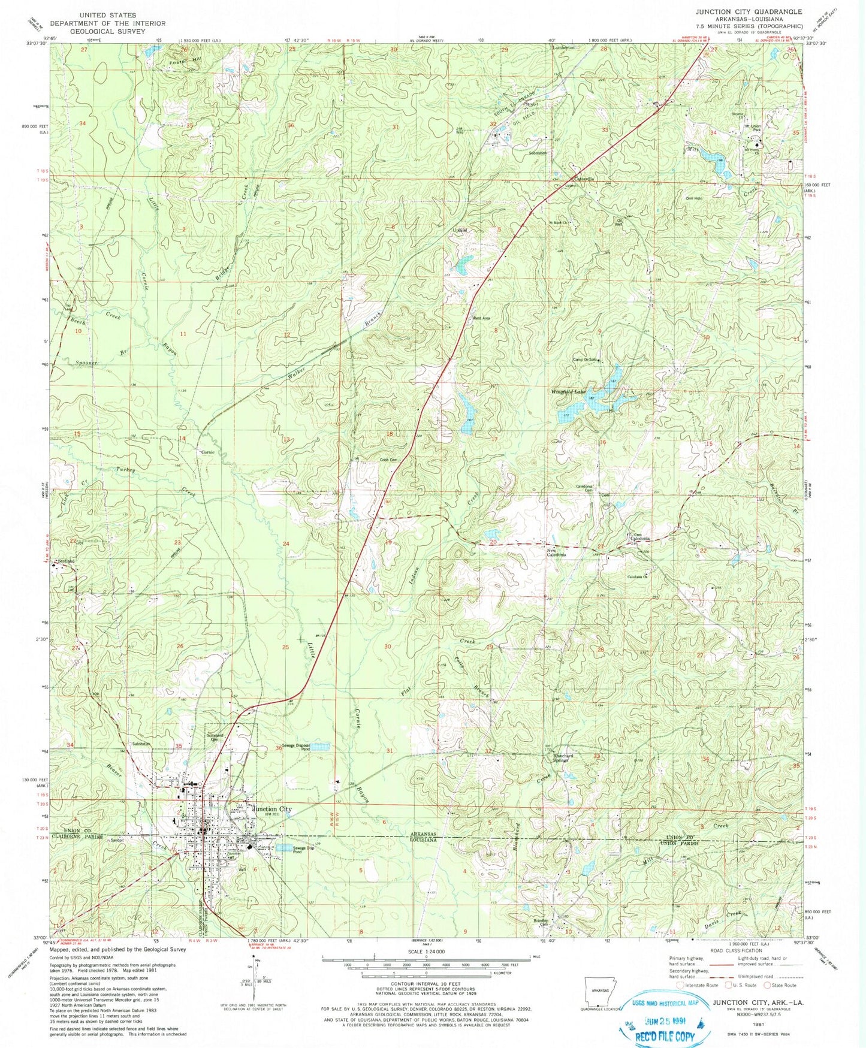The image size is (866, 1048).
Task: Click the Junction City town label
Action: [x=273, y=809]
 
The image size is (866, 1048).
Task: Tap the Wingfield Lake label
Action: [x=568, y=392]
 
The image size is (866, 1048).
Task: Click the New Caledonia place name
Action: [x=555, y=552]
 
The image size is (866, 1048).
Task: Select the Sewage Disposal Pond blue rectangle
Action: [x=321, y=747]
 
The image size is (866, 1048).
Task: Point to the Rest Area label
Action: [x=482, y=318]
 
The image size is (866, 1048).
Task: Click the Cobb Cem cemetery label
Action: [x=389, y=460]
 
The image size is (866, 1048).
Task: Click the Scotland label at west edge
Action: [x=66, y=561]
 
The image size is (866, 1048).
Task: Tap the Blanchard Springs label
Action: [x=563, y=758]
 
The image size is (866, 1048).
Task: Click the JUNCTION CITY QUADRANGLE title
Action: [x=749, y=11]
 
